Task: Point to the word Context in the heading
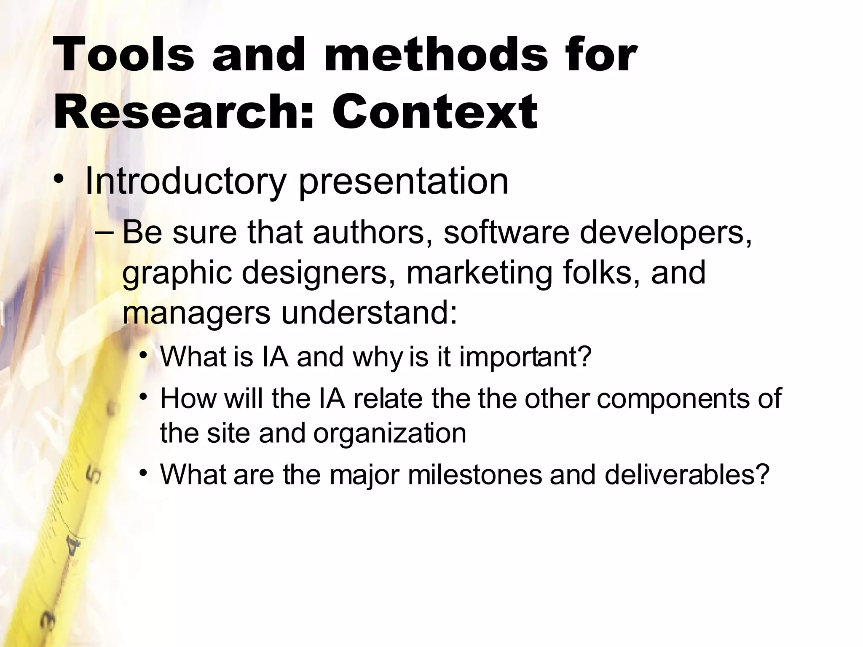pyautogui.click(x=434, y=112)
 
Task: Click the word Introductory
pyautogui.click(x=185, y=182)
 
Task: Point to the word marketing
pyautogui.click(x=479, y=273)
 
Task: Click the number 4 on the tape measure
pyautogui.click(x=74, y=548)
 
